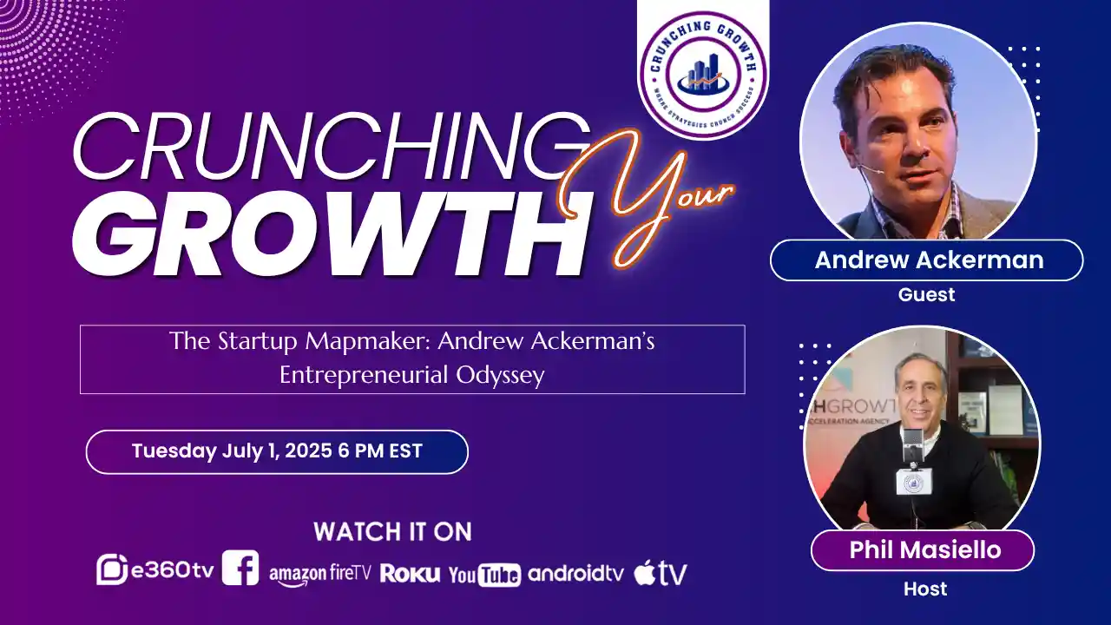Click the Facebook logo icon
[x=240, y=569]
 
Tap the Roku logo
[x=410, y=574]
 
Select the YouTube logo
[x=484, y=574]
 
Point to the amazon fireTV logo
[x=319, y=574]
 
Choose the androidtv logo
[x=575, y=573]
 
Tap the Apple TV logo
[x=661, y=573]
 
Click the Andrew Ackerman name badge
[x=927, y=260]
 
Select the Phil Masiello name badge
[x=922, y=550]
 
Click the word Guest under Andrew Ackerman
[x=926, y=294]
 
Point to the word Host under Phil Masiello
[x=925, y=589]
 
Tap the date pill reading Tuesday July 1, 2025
[x=277, y=451]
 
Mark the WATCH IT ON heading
[x=392, y=531]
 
